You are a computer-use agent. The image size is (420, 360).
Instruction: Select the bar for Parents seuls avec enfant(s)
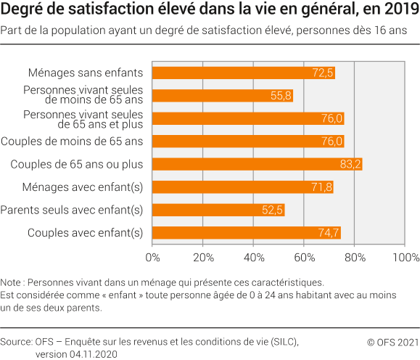point(218,210)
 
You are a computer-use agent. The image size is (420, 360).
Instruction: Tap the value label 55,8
point(281,96)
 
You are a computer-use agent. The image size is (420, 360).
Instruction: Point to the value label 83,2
point(350,164)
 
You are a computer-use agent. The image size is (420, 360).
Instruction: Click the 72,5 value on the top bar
point(323,73)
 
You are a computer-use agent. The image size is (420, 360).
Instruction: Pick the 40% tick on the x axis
point(253,257)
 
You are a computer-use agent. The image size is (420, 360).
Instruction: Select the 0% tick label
point(153,257)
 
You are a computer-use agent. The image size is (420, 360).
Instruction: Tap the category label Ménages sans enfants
point(86,73)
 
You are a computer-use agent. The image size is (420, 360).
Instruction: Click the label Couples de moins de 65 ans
point(73,141)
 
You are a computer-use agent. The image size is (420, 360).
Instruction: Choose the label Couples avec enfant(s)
point(85,232)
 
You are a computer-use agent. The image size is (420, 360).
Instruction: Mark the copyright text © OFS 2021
point(392,341)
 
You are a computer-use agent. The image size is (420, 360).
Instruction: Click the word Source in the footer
point(15,341)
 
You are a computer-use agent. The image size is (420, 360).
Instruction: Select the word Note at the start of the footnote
point(12,282)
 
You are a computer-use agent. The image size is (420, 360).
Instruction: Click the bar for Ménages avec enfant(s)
point(242,187)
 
